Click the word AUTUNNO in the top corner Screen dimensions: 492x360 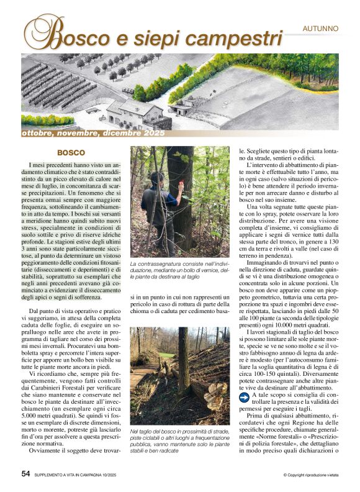coord(320,29)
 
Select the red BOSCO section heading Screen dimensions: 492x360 coord(71,152)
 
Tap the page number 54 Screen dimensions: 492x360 coord(26,473)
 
